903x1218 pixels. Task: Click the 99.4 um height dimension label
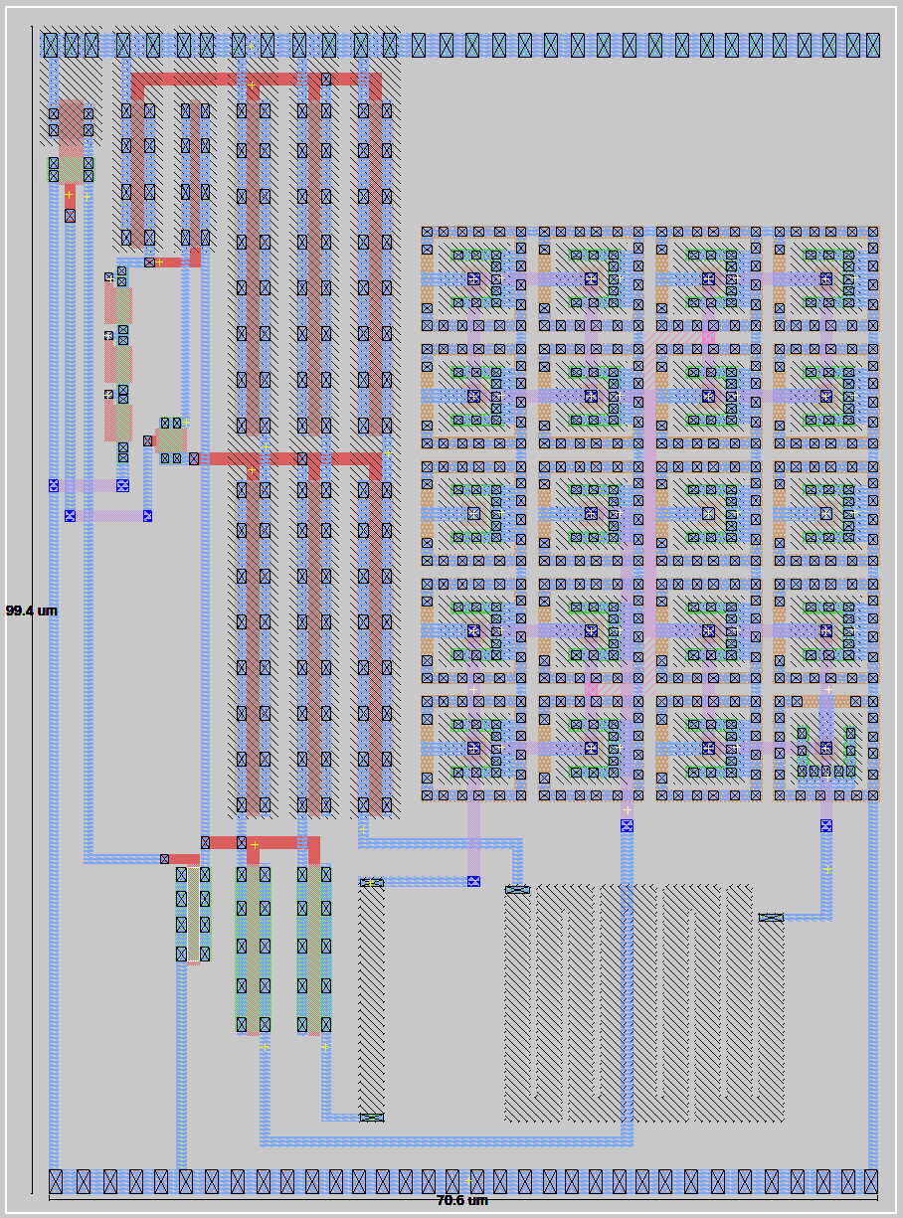pyautogui.click(x=31, y=610)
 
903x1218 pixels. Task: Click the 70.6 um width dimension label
pyautogui.click(x=462, y=1200)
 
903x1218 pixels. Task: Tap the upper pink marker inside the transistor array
pyautogui.click(x=708, y=338)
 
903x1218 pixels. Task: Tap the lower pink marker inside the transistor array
pyautogui.click(x=592, y=688)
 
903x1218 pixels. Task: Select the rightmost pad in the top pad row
pyautogui.click(x=872, y=45)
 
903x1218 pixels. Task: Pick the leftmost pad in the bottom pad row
pyautogui.click(x=56, y=1181)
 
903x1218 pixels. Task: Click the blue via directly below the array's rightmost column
pyautogui.click(x=825, y=825)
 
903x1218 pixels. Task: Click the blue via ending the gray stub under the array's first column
pyautogui.click(x=473, y=881)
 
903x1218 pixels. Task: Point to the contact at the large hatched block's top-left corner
pyautogui.click(x=517, y=890)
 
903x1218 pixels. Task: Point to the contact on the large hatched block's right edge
pyautogui.click(x=771, y=918)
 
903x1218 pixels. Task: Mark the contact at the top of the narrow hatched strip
pyautogui.click(x=371, y=882)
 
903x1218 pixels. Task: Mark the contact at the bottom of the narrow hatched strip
pyautogui.click(x=371, y=1118)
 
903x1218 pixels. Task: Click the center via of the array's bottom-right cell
pyautogui.click(x=825, y=748)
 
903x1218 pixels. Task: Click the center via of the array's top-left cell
pyautogui.click(x=473, y=278)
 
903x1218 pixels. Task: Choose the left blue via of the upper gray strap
pyautogui.click(x=54, y=485)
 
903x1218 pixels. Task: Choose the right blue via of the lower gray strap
pyautogui.click(x=147, y=515)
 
